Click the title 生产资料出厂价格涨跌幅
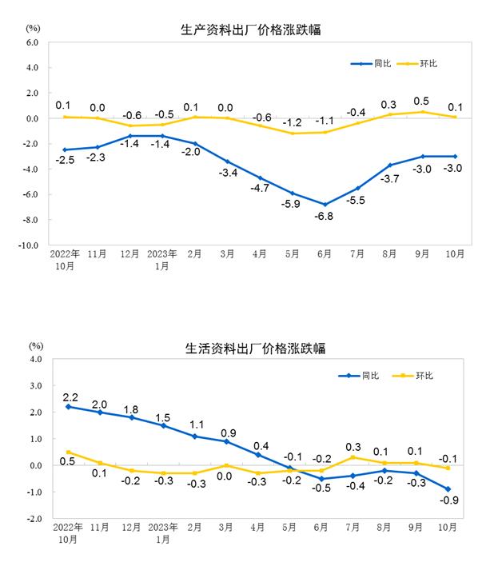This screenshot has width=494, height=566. click(x=255, y=31)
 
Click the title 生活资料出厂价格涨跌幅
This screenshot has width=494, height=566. click(x=255, y=349)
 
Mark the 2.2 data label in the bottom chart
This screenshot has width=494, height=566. click(x=69, y=397)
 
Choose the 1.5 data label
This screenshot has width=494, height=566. click(x=163, y=417)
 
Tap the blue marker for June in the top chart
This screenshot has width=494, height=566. click(x=325, y=204)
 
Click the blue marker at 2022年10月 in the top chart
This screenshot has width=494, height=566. click(x=66, y=149)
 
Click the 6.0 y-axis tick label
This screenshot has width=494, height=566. click(x=31, y=42)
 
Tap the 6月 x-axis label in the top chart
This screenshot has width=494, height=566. click(x=325, y=254)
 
